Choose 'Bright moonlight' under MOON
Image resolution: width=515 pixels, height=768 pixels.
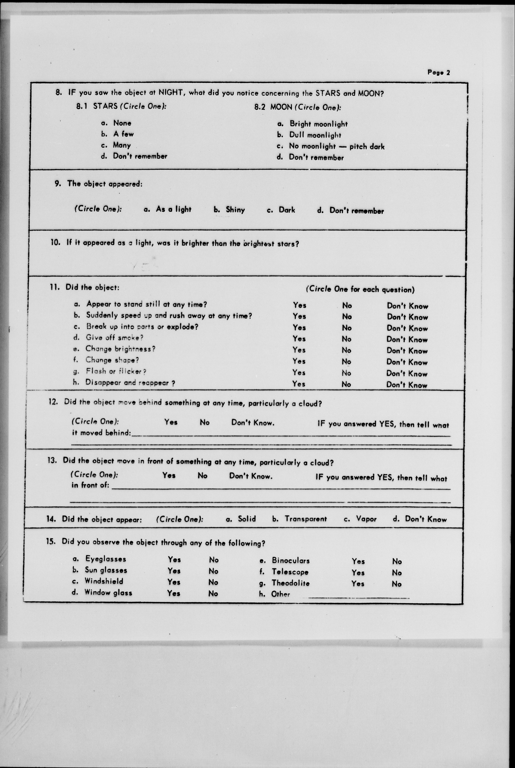[318, 124]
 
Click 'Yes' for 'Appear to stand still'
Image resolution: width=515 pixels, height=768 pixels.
[299, 305]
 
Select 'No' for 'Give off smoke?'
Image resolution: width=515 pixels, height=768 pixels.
[347, 339]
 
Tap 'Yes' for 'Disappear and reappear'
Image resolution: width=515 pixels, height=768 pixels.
[299, 384]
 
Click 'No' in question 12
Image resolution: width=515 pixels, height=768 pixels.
[204, 422]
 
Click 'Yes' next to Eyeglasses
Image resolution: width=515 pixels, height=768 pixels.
[174, 559]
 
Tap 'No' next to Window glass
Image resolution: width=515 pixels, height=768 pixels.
[213, 593]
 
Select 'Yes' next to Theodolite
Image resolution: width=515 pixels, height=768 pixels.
[358, 583]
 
